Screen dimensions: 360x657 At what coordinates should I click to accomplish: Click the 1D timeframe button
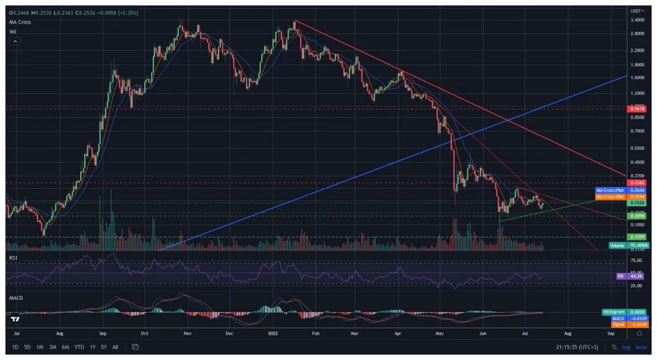16,347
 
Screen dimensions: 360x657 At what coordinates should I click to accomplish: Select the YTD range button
79,347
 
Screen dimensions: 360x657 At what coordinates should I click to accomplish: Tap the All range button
115,347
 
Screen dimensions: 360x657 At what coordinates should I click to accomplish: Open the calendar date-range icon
135,347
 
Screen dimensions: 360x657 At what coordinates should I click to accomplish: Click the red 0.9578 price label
636,109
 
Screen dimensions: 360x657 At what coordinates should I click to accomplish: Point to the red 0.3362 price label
636,183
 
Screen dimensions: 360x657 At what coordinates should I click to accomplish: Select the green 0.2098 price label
636,216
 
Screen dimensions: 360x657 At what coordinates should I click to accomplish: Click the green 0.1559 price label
636,237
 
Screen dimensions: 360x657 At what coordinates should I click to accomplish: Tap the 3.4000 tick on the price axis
637,20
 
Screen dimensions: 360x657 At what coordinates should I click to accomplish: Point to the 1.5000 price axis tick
637,78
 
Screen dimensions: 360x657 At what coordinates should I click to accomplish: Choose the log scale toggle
626,347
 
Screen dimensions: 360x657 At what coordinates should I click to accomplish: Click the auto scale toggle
641,347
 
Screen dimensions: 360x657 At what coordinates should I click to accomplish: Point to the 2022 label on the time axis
274,334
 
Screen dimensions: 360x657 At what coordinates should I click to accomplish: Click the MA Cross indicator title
20,22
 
